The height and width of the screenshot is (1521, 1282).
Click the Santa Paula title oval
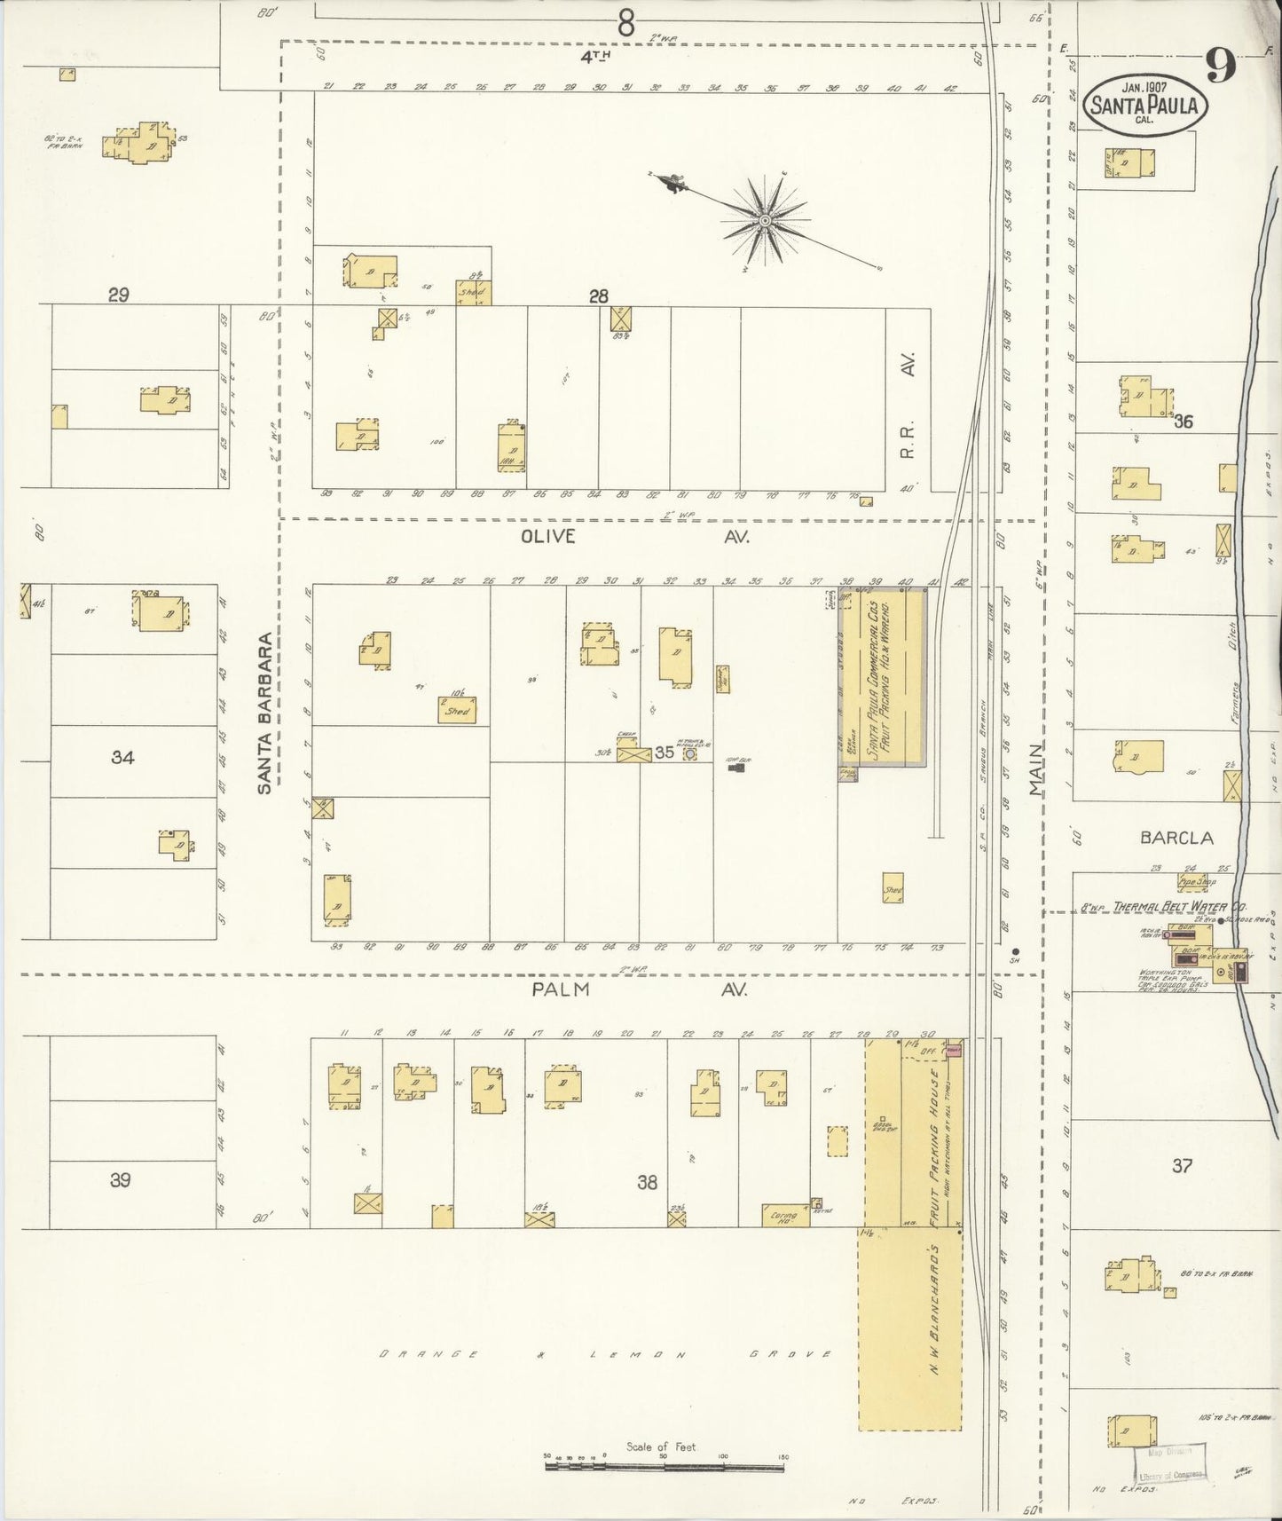[x=1144, y=103]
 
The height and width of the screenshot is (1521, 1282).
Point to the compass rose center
[x=764, y=218]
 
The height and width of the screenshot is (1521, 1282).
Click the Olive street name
[x=547, y=537]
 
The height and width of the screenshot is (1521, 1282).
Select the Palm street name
[x=561, y=989]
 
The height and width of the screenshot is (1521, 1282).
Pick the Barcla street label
[x=1176, y=838]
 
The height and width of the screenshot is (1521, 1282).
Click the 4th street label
[x=596, y=57]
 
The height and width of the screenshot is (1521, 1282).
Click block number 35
[x=664, y=753]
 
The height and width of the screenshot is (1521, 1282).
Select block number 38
[x=647, y=1182]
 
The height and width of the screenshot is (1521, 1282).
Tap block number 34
[x=122, y=757]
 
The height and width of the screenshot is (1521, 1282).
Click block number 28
[x=599, y=296]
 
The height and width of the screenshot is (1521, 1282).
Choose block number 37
[x=1182, y=1165]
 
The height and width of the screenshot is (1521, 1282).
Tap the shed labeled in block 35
[x=457, y=710]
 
